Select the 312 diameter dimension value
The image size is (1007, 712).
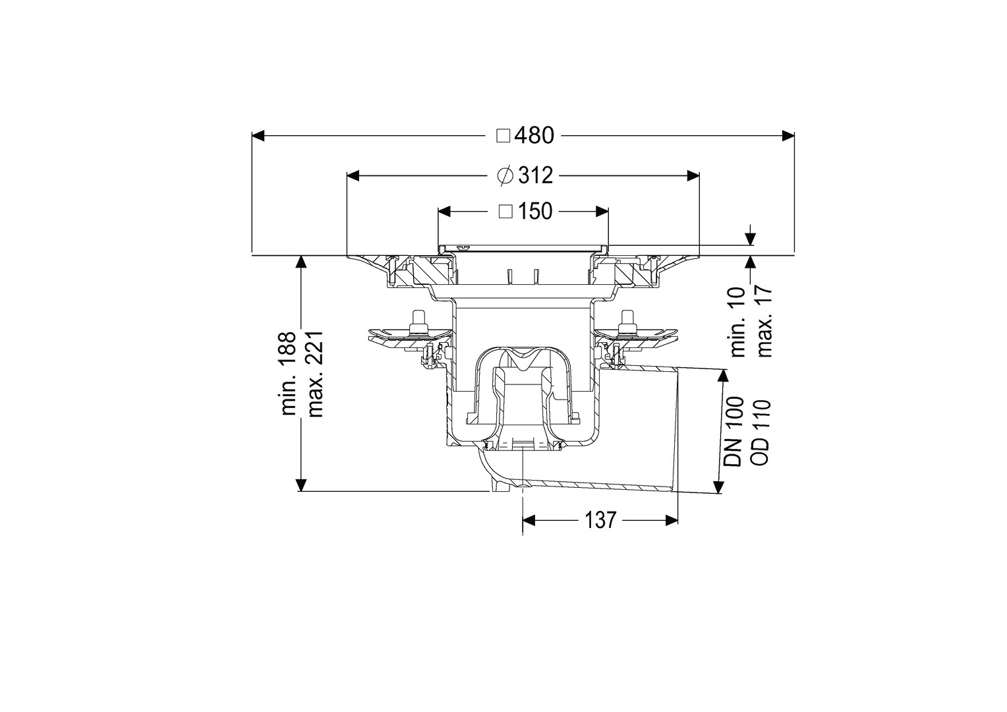pyautogui.click(x=535, y=175)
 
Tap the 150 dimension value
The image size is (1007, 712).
pyautogui.click(x=535, y=212)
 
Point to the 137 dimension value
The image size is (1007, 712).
pyautogui.click(x=600, y=520)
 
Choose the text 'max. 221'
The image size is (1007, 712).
pyautogui.click(x=315, y=374)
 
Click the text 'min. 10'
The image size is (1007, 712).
pyautogui.click(x=738, y=322)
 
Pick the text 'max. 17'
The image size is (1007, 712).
pyautogui.click(x=764, y=322)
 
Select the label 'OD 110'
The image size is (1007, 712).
pyautogui.click(x=761, y=432)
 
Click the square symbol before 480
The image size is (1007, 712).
pyautogui.click(x=503, y=136)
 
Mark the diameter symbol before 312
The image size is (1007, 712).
pyautogui.click(x=505, y=175)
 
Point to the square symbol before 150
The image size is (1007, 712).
pyautogui.click(x=506, y=212)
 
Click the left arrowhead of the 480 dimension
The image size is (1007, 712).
pyautogui.click(x=258, y=135)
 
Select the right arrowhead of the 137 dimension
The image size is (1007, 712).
pyautogui.click(x=672, y=520)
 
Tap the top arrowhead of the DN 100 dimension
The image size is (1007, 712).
pyautogui.click(x=722, y=376)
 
